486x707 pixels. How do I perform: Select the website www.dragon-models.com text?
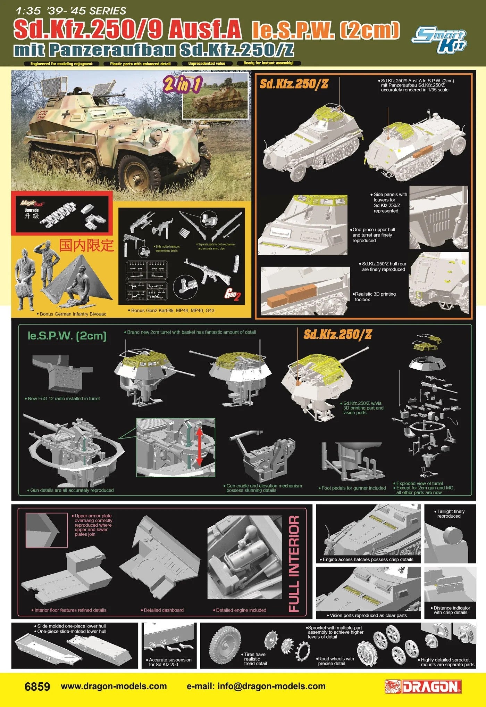pos(114,687)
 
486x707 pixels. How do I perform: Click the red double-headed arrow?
pos(199,446)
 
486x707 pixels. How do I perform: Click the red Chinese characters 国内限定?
pos(86,245)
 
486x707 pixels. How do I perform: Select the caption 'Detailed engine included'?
pos(241,610)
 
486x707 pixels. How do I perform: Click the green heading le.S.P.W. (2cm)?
pos(67,336)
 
